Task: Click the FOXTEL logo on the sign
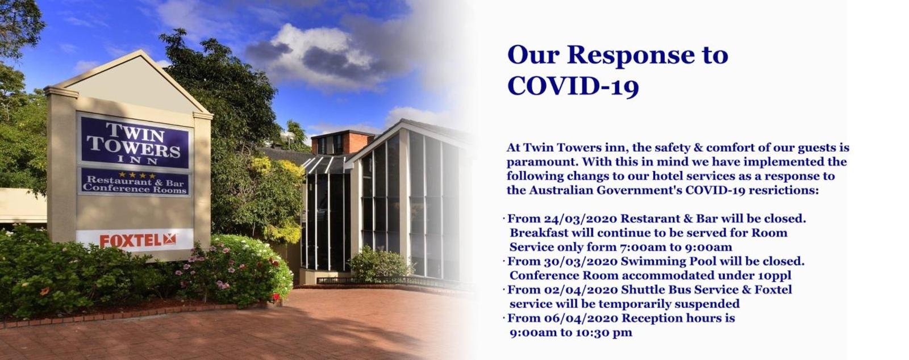click(137, 240)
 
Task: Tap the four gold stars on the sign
click(137, 175)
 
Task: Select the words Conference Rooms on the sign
click(134, 189)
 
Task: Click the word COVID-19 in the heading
click(573, 86)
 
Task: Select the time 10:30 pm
click(604, 333)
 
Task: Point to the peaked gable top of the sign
click(140, 52)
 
